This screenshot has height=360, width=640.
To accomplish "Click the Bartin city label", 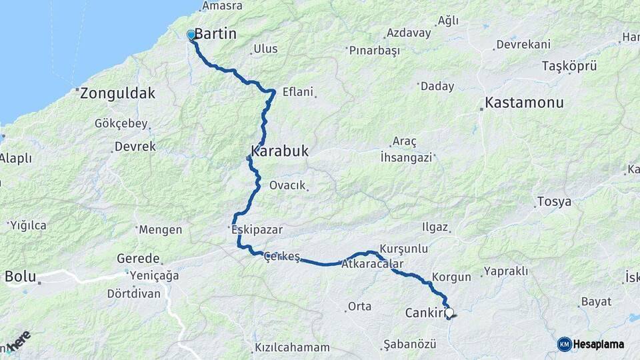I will [x=215, y=33].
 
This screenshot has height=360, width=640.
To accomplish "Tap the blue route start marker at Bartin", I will [x=191, y=35].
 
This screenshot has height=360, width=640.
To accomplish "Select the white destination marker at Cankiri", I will [x=449, y=312].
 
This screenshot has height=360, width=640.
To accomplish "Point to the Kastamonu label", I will [x=525, y=103].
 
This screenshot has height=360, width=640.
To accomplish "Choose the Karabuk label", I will [x=280, y=151].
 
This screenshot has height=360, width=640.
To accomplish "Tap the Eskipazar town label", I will [x=256, y=229].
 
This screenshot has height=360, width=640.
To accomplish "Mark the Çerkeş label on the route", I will [x=282, y=257].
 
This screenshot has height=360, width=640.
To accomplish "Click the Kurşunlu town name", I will [x=403, y=248].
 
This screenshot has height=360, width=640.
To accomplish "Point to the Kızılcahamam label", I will [x=293, y=347].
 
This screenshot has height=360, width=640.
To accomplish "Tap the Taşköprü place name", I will [x=569, y=66].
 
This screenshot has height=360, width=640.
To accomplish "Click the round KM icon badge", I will [x=564, y=344].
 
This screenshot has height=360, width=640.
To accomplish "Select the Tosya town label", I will [x=554, y=201].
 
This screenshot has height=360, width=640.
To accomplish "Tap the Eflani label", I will [x=297, y=93].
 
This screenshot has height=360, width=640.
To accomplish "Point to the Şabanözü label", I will [x=409, y=344].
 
